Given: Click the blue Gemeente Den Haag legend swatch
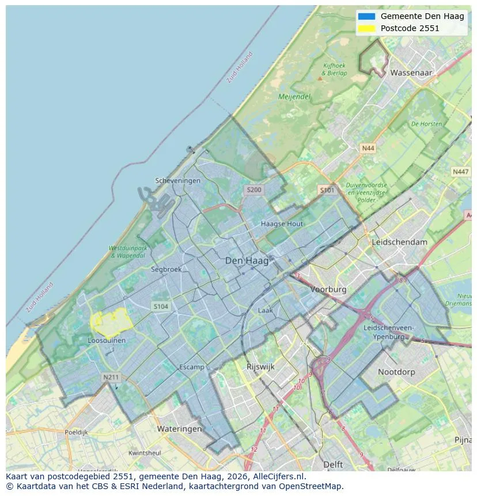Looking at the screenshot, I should [366, 16].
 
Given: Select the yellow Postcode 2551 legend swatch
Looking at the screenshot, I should [366, 28].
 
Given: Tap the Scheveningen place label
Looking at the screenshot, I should [178, 181].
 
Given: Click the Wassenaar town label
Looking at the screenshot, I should [411, 73].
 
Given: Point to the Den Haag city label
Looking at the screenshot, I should [247, 261].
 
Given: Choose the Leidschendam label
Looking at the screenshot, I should [400, 242].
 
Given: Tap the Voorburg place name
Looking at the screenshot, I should [328, 289].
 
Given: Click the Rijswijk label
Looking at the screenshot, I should [260, 366].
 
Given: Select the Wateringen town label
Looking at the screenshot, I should [179, 429].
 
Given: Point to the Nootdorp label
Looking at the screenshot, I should [396, 372].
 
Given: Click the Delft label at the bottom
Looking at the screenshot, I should [333, 464].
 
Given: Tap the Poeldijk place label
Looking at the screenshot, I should [76, 431].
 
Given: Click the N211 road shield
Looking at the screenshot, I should [111, 377].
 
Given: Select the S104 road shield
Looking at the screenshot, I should [161, 306].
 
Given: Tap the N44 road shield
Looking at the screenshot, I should [368, 148].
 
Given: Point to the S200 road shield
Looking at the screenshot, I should [253, 190].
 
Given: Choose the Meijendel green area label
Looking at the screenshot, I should [294, 97].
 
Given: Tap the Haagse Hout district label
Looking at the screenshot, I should [282, 224].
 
